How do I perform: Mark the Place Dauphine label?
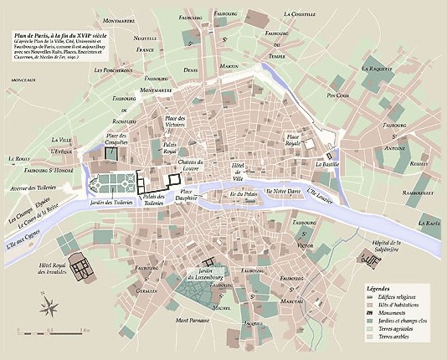tap(193, 196)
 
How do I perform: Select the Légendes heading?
tap(383, 288)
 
